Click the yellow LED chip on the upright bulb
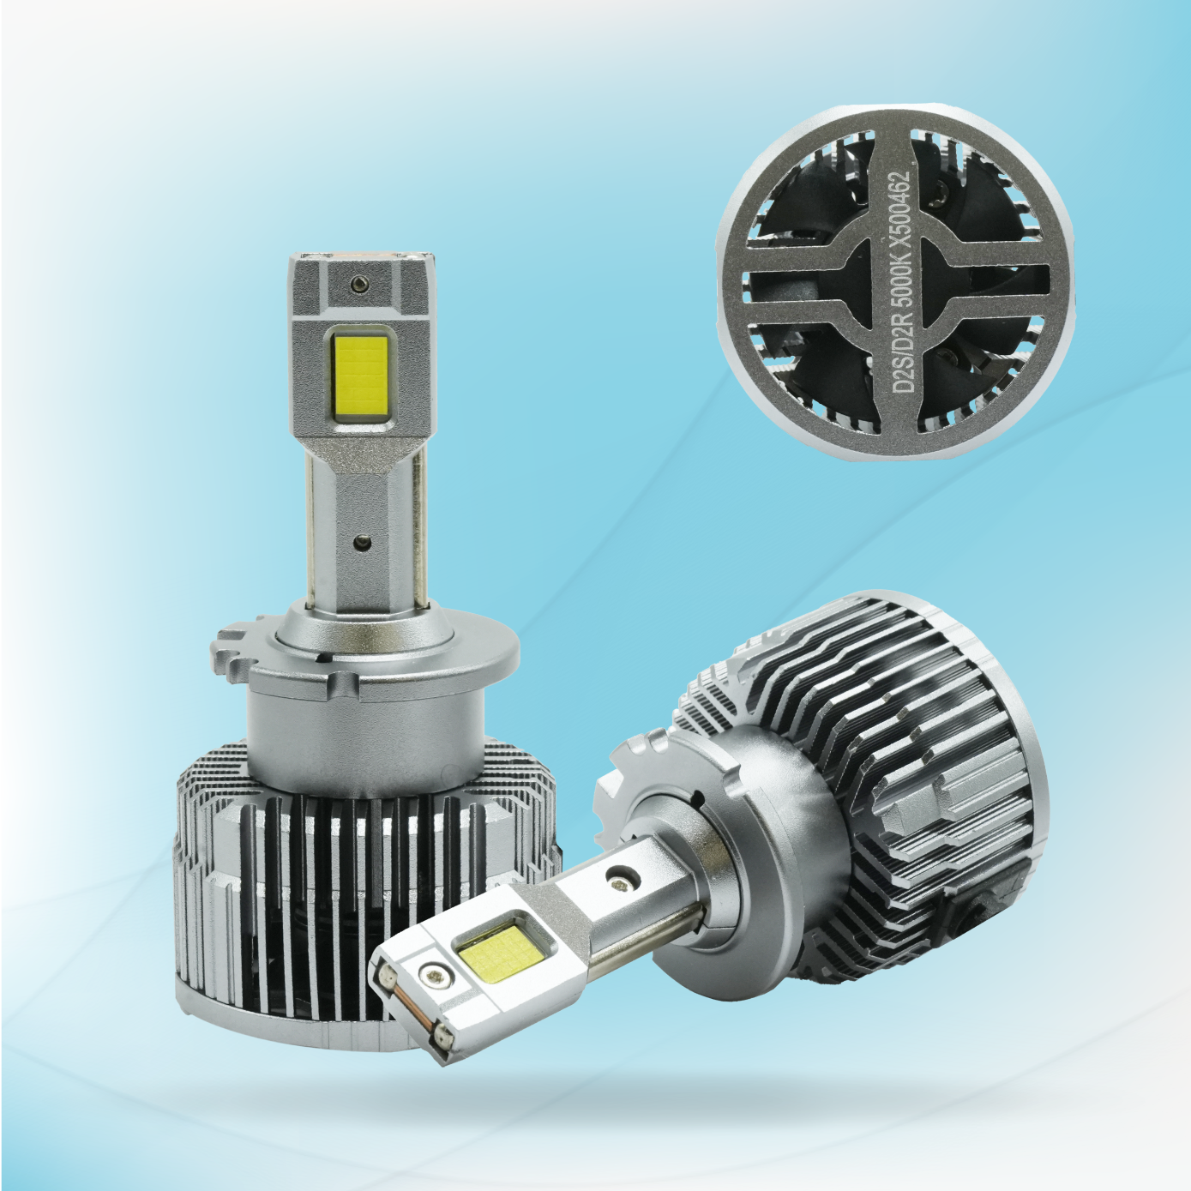(x=363, y=376)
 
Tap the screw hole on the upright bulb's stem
(x=363, y=541)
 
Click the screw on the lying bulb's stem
(x=617, y=877)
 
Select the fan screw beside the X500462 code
(x=941, y=194)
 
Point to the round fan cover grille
(x=894, y=283)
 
